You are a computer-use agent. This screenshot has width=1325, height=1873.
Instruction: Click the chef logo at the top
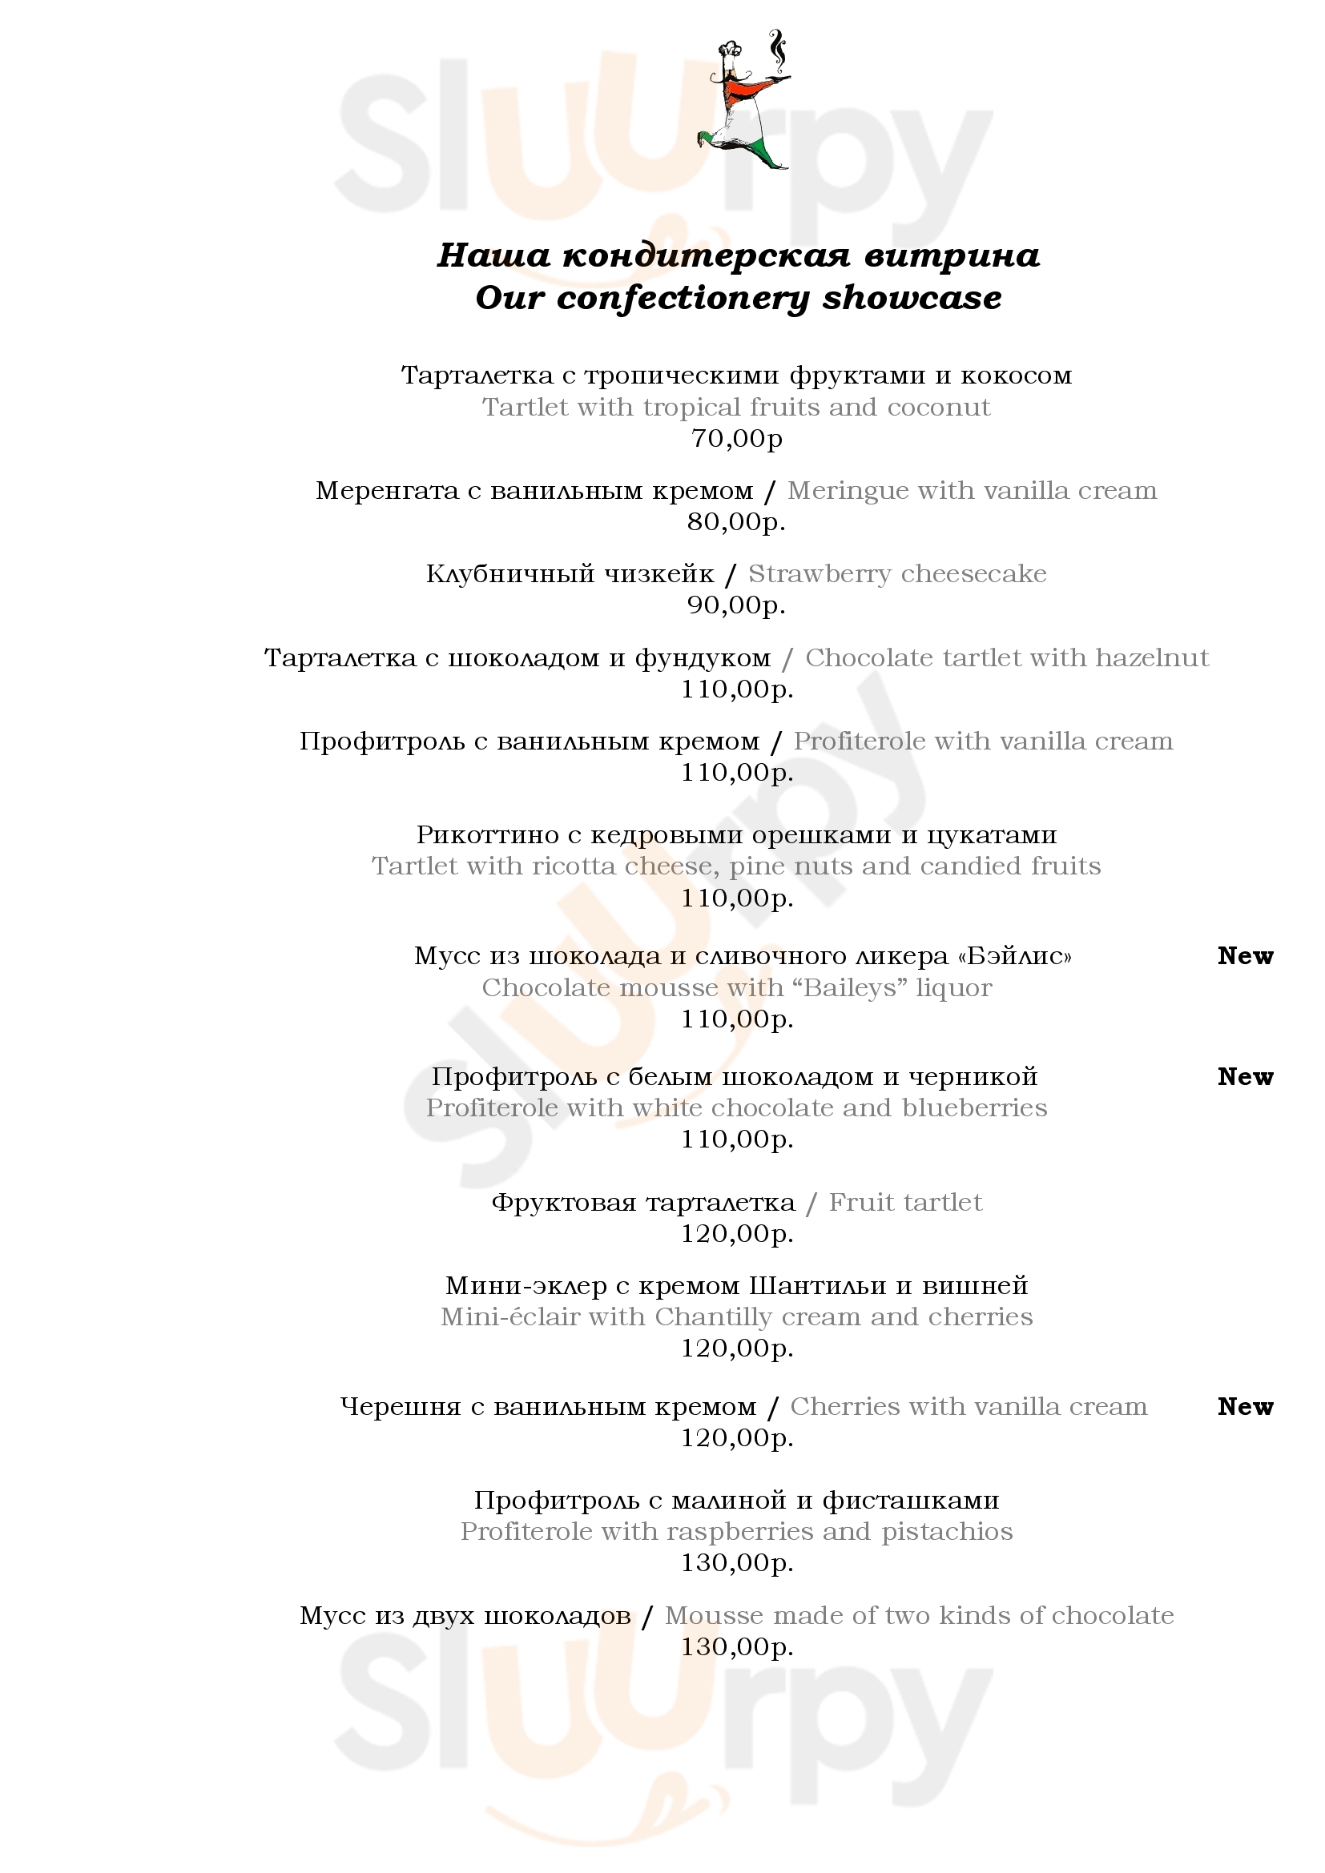(x=745, y=99)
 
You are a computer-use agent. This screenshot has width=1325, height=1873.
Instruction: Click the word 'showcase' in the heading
(x=912, y=298)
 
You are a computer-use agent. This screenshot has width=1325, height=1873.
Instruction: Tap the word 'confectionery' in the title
(x=681, y=299)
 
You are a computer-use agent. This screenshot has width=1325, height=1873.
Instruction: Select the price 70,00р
(x=737, y=439)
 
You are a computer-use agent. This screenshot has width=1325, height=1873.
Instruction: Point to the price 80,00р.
(x=736, y=522)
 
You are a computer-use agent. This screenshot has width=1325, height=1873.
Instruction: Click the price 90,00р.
(x=736, y=605)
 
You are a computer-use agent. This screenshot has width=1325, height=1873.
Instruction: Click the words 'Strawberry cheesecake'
(x=896, y=574)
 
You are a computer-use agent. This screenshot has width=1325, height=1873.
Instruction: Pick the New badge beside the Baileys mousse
(x=1245, y=955)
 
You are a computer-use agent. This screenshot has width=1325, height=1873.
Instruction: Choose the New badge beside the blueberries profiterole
(x=1245, y=1077)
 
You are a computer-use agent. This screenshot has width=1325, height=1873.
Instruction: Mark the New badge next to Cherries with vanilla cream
(x=1245, y=1406)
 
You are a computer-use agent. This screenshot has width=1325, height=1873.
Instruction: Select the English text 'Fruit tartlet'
(x=904, y=1203)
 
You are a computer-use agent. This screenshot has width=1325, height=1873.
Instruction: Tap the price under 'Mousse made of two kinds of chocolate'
(x=737, y=1647)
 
